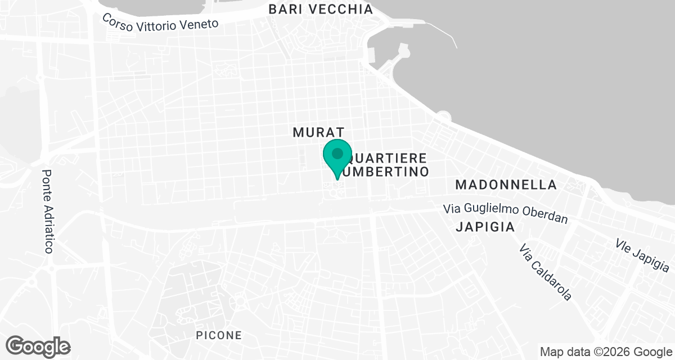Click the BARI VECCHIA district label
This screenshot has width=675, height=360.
coord(321,9)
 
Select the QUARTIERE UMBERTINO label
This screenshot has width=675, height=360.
coord(387,164)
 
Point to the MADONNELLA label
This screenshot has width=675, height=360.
coord(506,184)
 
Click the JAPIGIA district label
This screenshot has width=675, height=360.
coord(485,227)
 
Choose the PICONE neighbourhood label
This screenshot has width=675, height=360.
coord(219,335)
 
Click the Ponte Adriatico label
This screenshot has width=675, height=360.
coord(48,211)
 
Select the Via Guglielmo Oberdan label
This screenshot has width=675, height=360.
coord(505,213)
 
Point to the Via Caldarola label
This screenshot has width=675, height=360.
coord(546,272)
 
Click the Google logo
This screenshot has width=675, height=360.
coord(38,345)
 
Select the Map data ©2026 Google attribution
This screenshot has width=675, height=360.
coord(605,352)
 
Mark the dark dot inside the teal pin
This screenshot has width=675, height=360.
coord(337,153)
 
